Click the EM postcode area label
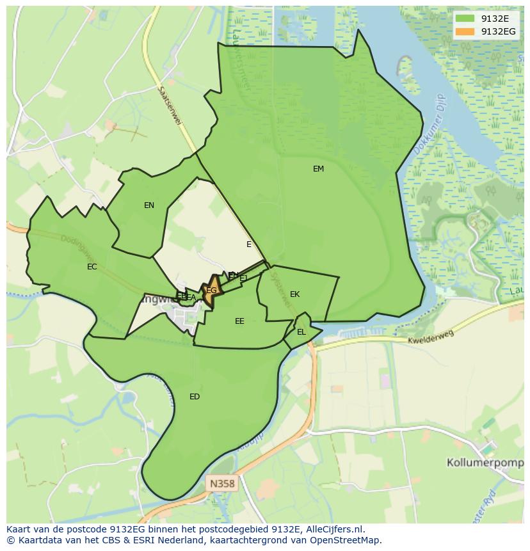pyautogui.click(x=318, y=169)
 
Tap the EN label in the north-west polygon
pyautogui.click(x=149, y=205)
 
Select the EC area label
pyautogui.click(x=92, y=267)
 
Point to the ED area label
pyautogui.click(x=195, y=397)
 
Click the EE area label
pyautogui.click(x=239, y=321)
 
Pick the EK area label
pyautogui.click(x=294, y=294)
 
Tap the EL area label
pyautogui.click(x=301, y=332)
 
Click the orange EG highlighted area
pyautogui.click(x=211, y=291)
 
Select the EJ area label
pyautogui.click(x=243, y=278)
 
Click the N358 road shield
pyautogui.click(x=222, y=484)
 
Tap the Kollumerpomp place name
pyautogui.click(x=485, y=461)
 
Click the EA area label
pyautogui.click(x=191, y=298)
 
